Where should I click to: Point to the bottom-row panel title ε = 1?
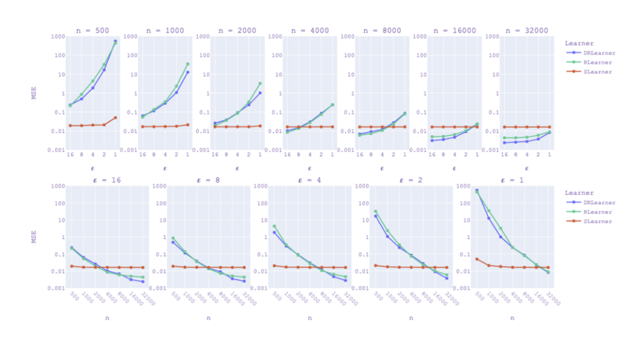click(512, 179)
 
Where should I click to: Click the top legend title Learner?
click(579, 43)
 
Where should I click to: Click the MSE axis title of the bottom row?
click(35, 236)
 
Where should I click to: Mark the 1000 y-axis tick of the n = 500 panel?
click(57, 36)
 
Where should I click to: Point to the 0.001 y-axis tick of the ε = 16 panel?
click(57, 289)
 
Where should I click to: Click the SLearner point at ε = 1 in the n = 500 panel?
click(115, 117)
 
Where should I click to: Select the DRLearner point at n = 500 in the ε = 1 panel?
click(477, 190)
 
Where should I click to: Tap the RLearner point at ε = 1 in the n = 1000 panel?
click(187, 64)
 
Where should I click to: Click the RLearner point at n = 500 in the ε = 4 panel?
click(274, 226)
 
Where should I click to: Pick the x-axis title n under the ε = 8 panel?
click(209, 318)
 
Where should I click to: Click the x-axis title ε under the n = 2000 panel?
click(237, 168)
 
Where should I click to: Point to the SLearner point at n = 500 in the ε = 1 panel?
click(477, 259)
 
